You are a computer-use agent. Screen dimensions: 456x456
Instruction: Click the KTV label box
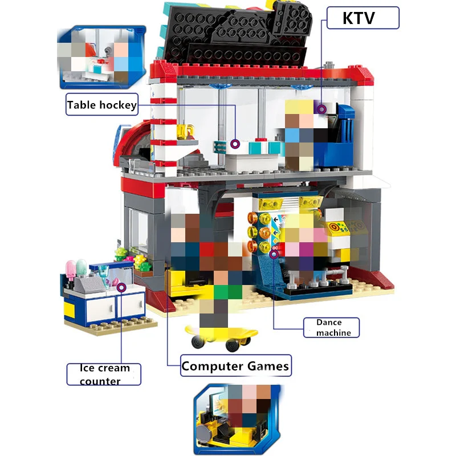363,18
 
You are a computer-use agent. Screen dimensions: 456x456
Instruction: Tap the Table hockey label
102,104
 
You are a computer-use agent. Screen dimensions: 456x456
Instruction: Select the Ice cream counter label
103,374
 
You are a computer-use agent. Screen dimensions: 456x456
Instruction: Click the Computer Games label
235,366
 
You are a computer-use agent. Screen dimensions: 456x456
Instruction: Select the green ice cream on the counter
82,266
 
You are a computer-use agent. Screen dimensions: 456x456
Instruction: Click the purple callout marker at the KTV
322,108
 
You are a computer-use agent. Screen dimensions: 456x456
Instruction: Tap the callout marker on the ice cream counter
121,287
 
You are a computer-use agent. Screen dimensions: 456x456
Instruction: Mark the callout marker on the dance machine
274,255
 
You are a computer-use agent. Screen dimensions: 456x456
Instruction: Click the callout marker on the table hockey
235,144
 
